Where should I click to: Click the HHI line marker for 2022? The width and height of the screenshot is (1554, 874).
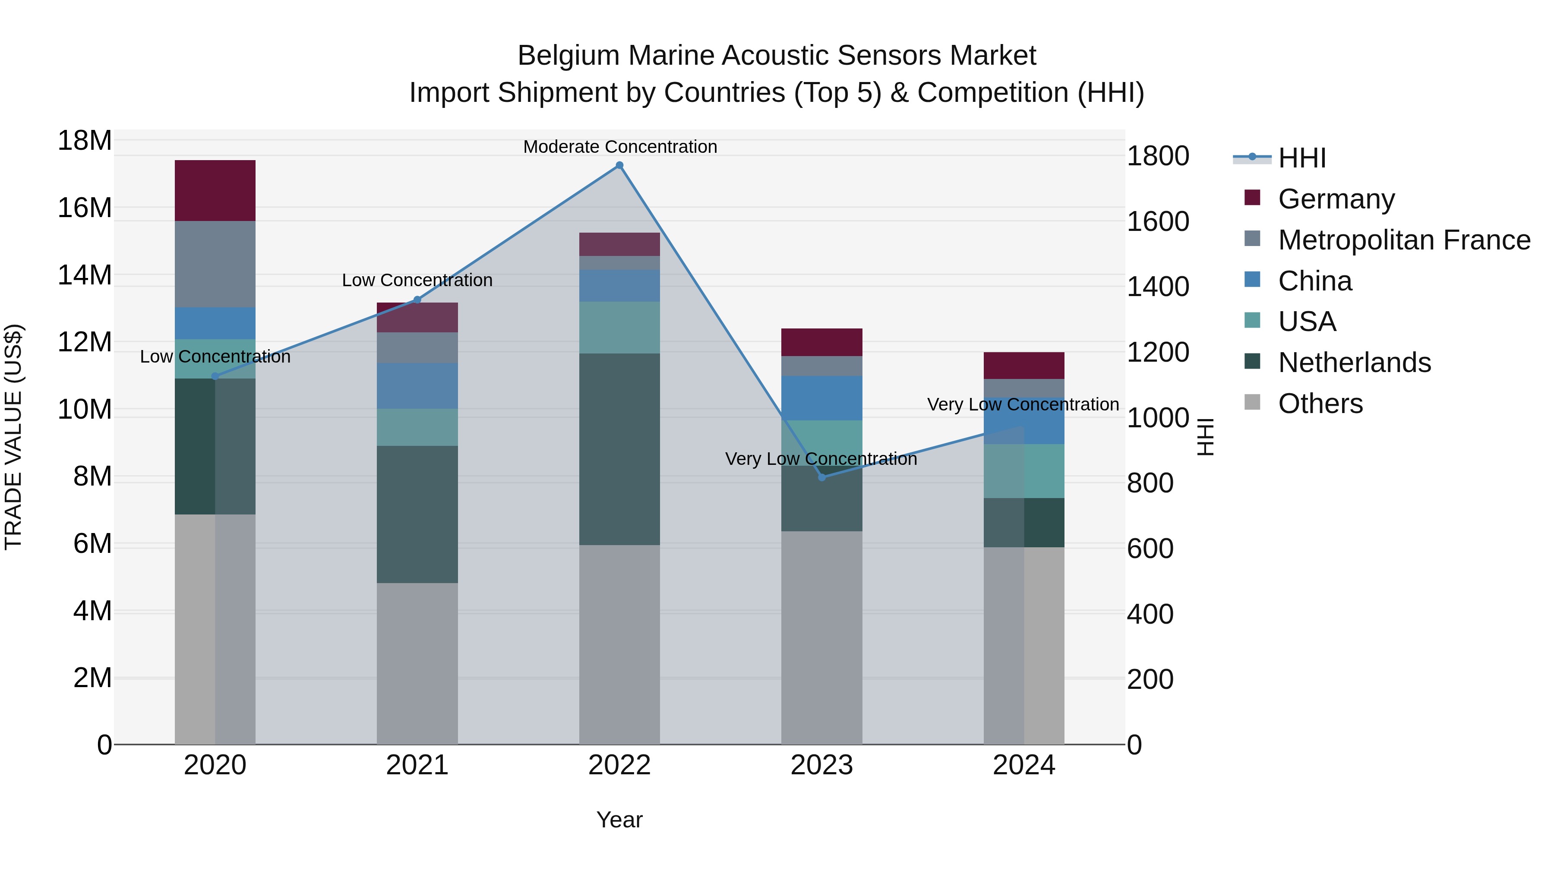pyautogui.click(x=619, y=165)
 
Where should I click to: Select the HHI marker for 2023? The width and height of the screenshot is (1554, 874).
pyautogui.click(x=821, y=477)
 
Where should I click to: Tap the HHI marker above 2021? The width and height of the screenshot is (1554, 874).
pyautogui.click(x=417, y=300)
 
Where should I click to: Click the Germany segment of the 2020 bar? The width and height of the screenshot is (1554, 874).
pyautogui.click(x=215, y=191)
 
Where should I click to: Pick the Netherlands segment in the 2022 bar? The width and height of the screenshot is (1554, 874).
pyautogui.click(x=619, y=449)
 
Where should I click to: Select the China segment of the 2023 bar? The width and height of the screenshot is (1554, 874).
pyautogui.click(x=821, y=398)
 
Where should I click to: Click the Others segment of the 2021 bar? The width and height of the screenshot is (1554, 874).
pyautogui.click(x=417, y=663)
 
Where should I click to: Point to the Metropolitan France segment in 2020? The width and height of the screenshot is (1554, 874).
pyautogui.click(x=215, y=264)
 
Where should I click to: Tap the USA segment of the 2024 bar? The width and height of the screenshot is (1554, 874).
pyautogui.click(x=1024, y=471)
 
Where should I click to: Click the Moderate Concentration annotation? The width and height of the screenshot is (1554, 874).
pyautogui.click(x=619, y=147)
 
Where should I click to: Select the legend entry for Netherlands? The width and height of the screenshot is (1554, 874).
pyautogui.click(x=1354, y=363)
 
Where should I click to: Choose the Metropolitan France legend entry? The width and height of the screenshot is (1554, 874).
pyautogui.click(x=1403, y=240)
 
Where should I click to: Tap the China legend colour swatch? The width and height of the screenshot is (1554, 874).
pyautogui.click(x=1252, y=280)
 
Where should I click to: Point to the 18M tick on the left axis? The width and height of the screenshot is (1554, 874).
pyautogui.click(x=85, y=141)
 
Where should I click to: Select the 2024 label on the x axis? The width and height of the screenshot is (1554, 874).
pyautogui.click(x=1024, y=765)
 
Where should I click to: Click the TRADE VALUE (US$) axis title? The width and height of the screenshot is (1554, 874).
pyautogui.click(x=13, y=437)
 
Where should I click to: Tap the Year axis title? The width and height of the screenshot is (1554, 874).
pyautogui.click(x=619, y=820)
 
